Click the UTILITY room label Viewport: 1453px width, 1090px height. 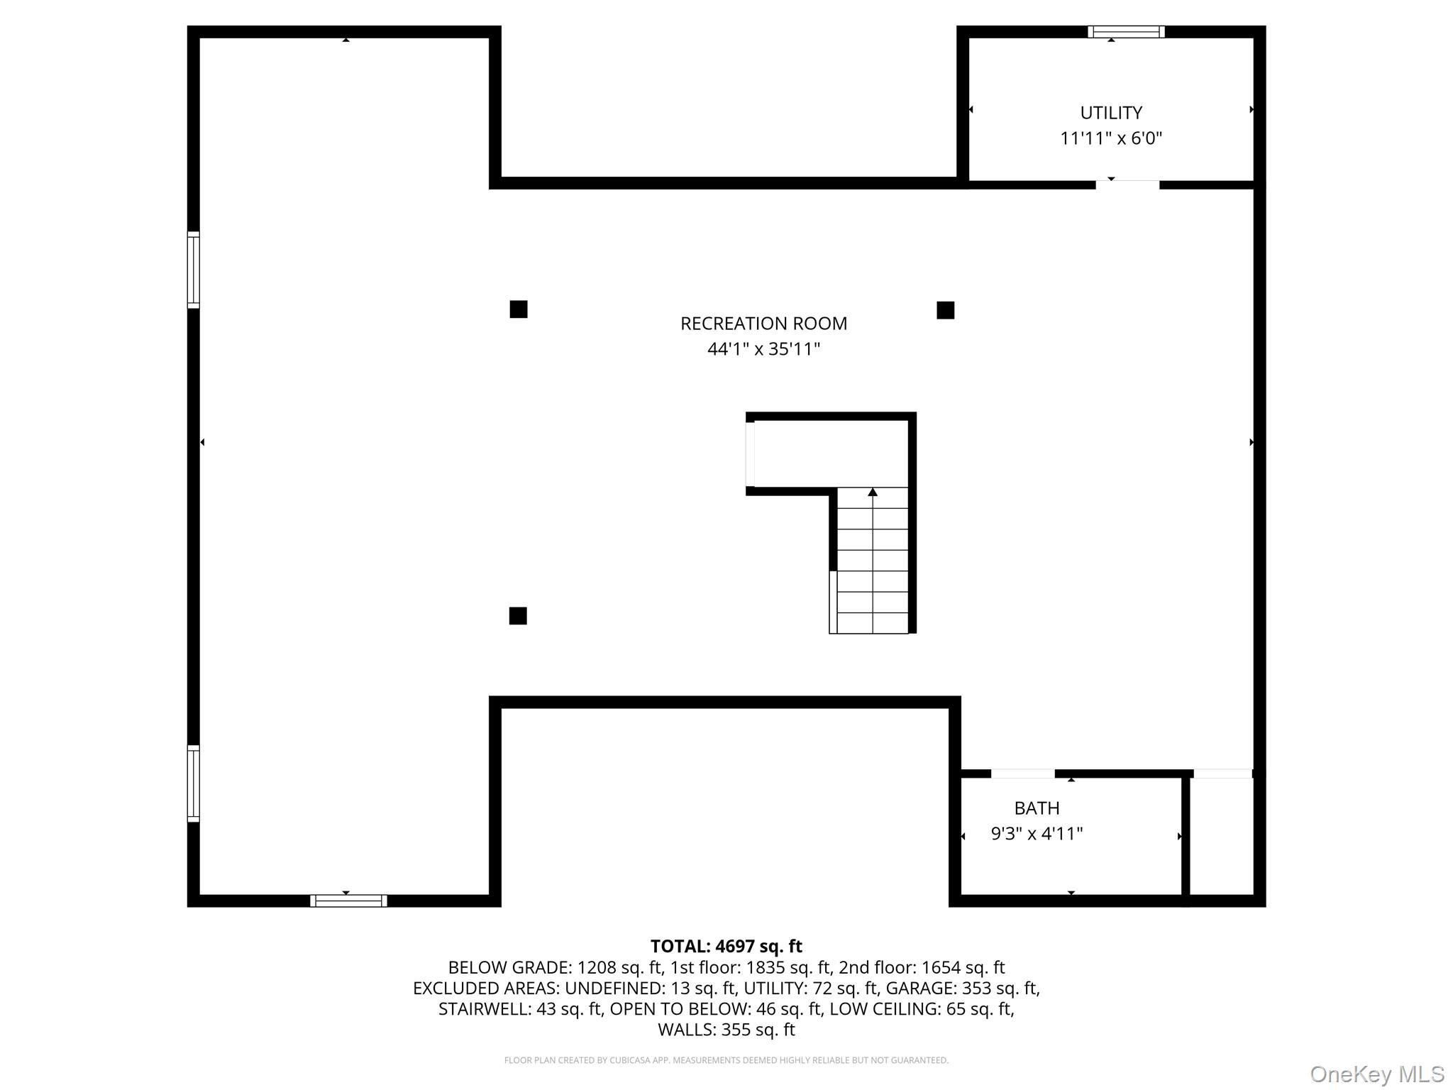(1111, 113)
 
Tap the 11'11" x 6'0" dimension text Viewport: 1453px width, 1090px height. (1111, 138)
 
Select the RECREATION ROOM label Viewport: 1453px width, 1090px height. (763, 324)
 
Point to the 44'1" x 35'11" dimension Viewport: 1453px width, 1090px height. (763, 349)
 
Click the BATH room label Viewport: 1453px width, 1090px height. (1037, 808)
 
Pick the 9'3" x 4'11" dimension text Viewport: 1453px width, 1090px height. (1037, 834)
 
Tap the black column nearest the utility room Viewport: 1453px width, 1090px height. (945, 310)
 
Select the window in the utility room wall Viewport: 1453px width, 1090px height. (1126, 32)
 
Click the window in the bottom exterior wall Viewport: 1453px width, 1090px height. (348, 901)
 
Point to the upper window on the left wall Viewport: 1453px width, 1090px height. (193, 270)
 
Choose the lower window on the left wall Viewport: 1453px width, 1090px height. (193, 783)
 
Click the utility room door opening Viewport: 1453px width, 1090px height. (1127, 185)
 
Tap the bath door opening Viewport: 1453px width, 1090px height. (1022, 774)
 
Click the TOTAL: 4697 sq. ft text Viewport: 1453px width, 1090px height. (726, 947)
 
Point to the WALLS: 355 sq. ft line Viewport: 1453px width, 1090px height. (726, 1029)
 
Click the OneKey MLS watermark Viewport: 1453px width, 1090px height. (1376, 1074)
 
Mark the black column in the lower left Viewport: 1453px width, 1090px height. (518, 616)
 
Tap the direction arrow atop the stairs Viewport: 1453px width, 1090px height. (873, 492)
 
